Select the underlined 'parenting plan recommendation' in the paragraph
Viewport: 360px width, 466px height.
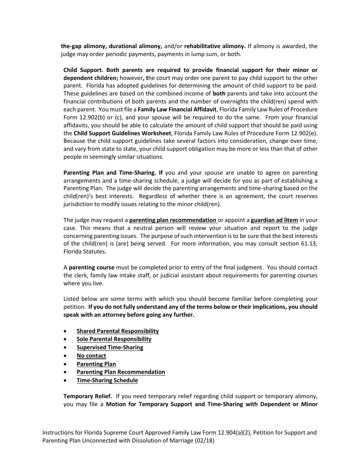coord(173,220)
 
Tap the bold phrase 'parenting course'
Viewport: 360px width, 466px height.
coord(91,267)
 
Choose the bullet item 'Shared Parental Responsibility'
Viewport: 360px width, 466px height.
coord(117,331)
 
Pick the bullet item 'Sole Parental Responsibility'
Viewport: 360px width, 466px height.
coord(114,339)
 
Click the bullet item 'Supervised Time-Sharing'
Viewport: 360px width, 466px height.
coord(110,347)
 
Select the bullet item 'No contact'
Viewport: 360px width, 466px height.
coord(91,355)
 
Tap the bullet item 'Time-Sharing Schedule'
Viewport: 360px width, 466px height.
coord(107,380)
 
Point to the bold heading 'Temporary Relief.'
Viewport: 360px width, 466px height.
coord(88,396)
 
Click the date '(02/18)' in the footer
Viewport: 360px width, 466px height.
coord(205,441)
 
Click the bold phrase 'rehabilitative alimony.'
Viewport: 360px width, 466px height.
coord(215,46)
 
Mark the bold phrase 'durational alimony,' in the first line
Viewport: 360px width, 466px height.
coord(136,46)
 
